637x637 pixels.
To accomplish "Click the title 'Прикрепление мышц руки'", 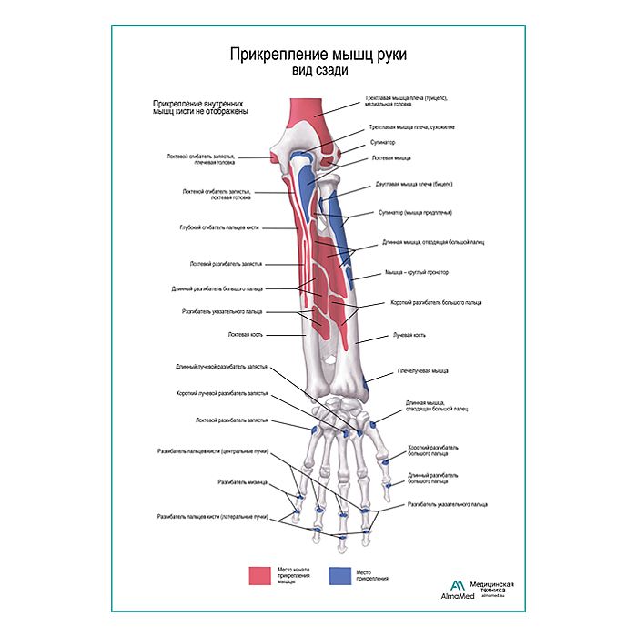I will click(318, 54).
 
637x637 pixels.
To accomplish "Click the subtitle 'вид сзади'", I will click(318, 70).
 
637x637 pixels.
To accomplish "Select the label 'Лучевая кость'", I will click(409, 335).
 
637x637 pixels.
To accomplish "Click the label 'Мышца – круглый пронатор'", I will click(417, 272).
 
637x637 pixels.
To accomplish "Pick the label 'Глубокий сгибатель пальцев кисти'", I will click(220, 227).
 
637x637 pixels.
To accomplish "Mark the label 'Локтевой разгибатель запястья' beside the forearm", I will click(226, 264).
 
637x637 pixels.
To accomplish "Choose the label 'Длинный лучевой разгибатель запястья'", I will click(222, 367).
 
